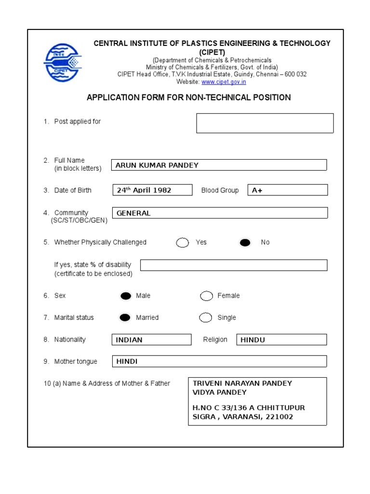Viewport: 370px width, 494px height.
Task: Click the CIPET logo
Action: (63, 63)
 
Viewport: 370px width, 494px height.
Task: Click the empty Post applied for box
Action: (264, 123)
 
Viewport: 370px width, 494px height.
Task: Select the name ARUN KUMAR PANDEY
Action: (157, 165)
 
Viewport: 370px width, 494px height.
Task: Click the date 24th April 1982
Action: (144, 190)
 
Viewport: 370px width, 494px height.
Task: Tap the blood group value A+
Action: (257, 190)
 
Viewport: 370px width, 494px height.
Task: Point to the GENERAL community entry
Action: (133, 213)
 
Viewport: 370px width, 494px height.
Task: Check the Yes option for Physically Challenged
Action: (183, 243)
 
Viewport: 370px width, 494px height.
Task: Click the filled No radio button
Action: (245, 243)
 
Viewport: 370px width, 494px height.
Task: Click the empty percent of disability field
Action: (234, 265)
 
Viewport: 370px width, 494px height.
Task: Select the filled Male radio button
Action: (126, 296)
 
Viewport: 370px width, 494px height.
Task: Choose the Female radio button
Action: (207, 296)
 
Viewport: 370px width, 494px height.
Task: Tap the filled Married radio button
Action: (125, 317)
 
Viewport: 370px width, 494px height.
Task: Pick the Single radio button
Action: (206, 317)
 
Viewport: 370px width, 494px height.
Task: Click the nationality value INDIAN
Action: (129, 340)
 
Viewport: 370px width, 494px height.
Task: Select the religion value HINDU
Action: (253, 340)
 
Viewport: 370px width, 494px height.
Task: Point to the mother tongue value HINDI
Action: (127, 361)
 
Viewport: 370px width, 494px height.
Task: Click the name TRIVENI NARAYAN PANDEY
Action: (242, 383)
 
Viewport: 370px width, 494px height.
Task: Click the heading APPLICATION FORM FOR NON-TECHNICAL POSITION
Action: (188, 97)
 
